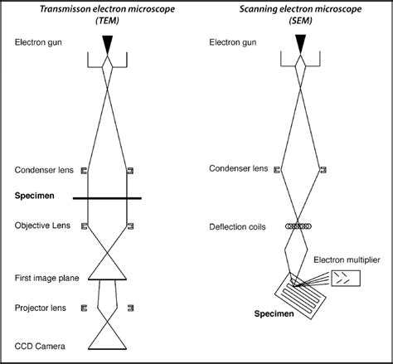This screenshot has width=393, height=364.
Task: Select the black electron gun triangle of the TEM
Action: [x=107, y=46]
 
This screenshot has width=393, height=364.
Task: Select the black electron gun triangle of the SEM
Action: [x=300, y=46]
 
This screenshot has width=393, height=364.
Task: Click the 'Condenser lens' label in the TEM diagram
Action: [x=42, y=171]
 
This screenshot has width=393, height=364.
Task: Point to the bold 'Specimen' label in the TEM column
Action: [x=35, y=197]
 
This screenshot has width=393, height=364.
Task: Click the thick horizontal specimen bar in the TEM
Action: [x=107, y=198]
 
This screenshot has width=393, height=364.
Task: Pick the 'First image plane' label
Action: [x=46, y=279]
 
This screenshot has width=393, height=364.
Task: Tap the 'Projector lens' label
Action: [x=40, y=308]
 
